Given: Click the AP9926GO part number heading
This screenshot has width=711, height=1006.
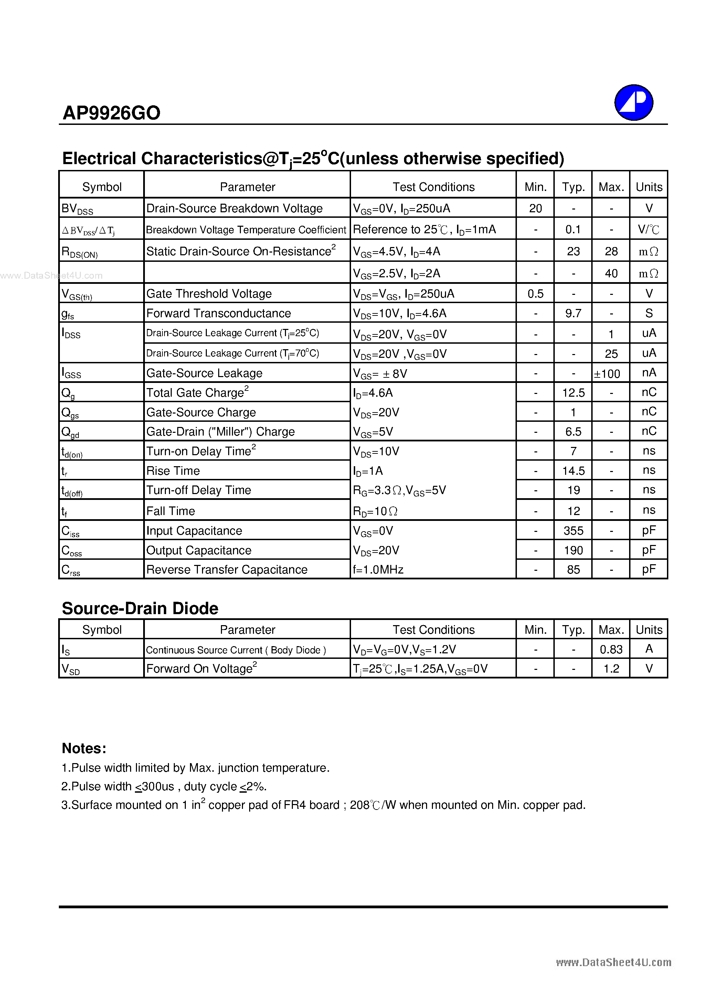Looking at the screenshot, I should click(x=112, y=113).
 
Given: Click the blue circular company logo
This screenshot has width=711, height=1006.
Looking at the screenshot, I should click(x=634, y=103).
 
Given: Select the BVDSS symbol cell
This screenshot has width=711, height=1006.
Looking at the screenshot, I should click(x=77, y=208).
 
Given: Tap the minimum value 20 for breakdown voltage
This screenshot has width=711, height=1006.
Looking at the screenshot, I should click(x=535, y=208).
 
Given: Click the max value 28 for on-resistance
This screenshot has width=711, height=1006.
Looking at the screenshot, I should click(x=611, y=251).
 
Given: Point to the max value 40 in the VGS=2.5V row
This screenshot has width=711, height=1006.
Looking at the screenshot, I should click(x=611, y=274).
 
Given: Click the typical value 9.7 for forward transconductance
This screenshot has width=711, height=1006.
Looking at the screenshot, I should click(x=573, y=313).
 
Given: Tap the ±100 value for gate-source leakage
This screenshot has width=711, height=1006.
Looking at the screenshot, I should click(x=607, y=374).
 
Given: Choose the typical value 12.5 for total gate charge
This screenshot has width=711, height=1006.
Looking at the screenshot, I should click(x=573, y=393).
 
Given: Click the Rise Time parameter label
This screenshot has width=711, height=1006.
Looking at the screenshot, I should click(x=173, y=471).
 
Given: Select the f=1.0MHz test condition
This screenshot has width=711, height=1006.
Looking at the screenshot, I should click(x=378, y=570).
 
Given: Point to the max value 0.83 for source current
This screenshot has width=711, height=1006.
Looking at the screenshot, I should click(x=611, y=649).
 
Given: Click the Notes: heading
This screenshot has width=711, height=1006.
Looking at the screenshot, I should click(x=84, y=748).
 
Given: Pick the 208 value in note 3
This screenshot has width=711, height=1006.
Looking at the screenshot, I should click(x=359, y=805).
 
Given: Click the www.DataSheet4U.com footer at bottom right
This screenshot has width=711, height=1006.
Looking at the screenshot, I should click(x=613, y=962).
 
